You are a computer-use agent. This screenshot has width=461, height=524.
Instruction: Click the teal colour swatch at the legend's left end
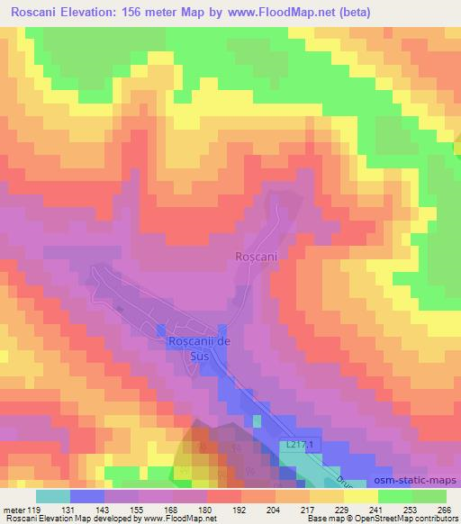pos(52,495)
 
